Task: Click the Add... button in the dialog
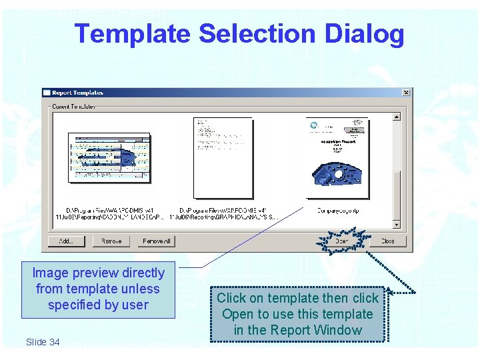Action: tap(66, 241)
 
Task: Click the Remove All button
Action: tap(157, 241)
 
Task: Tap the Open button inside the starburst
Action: tap(342, 241)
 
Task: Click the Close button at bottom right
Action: tap(387, 241)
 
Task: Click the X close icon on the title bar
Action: tap(407, 93)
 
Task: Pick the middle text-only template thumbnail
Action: tap(214, 157)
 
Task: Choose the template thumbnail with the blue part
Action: tap(337, 157)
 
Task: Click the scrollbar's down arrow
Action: tap(397, 225)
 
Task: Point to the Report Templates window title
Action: tap(78, 93)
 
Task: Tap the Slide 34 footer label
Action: tap(43, 342)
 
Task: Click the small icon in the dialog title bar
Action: tap(47, 93)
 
